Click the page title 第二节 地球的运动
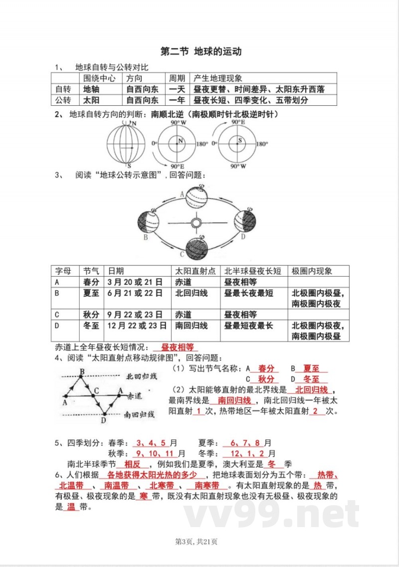pyautogui.click(x=200, y=52)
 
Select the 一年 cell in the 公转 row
pyautogui.click(x=177, y=100)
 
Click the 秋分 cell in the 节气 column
pyautogui.click(x=92, y=315)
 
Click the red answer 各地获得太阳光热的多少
pyautogui.click(x=153, y=475)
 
